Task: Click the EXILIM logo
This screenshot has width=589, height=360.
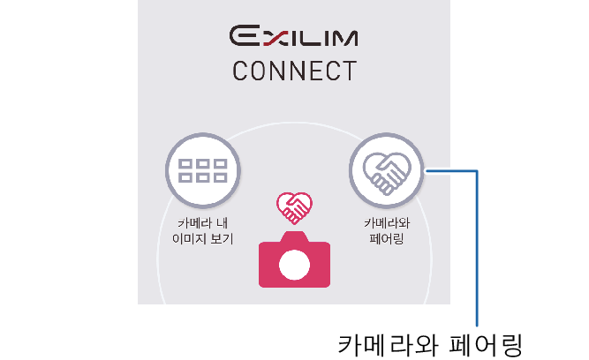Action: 294,37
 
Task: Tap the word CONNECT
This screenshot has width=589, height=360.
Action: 294,71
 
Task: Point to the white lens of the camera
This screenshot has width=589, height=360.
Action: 294,265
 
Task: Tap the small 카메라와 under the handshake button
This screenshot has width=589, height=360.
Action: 386,223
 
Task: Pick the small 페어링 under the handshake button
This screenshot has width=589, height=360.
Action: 386,239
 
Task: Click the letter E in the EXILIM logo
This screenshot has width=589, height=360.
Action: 245,37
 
